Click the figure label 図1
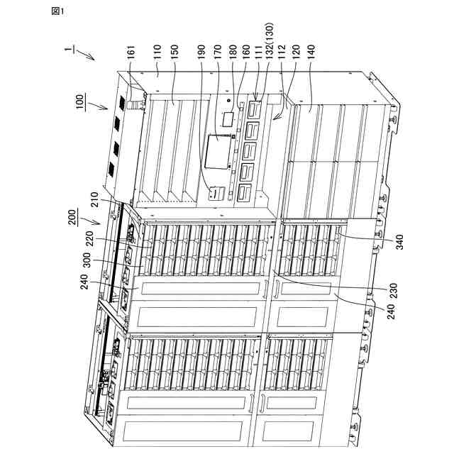pyautogui.click(x=58, y=11)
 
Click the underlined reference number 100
pyautogui.click(x=81, y=101)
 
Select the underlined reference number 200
pyautogui.click(x=73, y=218)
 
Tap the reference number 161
pyautogui.click(x=131, y=52)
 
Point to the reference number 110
pyautogui.click(x=157, y=52)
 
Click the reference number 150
pyautogui.click(x=175, y=52)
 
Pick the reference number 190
pyautogui.click(x=201, y=52)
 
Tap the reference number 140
pyautogui.click(x=311, y=52)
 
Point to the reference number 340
pyautogui.click(x=399, y=242)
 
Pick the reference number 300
pyautogui.click(x=87, y=261)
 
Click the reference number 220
pyautogui.click(x=90, y=238)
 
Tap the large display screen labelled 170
pyautogui.click(x=218, y=151)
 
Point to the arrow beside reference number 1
pyautogui.click(x=85, y=55)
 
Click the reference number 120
pyautogui.click(x=297, y=52)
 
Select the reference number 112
pyautogui.click(x=282, y=52)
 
